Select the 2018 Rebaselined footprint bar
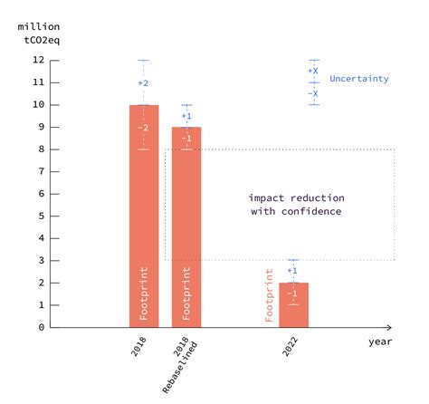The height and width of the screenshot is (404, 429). [x=186, y=226]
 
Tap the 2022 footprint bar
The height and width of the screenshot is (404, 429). [x=293, y=305]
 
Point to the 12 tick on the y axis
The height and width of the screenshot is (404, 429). [x=39, y=61]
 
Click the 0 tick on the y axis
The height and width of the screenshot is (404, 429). [x=39, y=327]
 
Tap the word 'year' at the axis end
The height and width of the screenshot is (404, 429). [x=380, y=341]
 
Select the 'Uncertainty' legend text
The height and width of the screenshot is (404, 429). [x=359, y=79]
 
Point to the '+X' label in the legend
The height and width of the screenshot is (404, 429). [x=313, y=71]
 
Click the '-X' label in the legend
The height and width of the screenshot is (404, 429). [x=313, y=93]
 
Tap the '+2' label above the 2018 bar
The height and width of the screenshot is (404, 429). [x=143, y=83]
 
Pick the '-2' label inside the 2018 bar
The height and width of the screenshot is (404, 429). [x=143, y=128]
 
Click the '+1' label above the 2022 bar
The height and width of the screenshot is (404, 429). [x=292, y=271]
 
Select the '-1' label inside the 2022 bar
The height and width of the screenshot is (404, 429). [x=292, y=293]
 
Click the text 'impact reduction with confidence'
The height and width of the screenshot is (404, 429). [x=296, y=204]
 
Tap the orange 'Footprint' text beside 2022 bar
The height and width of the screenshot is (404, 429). [x=270, y=294]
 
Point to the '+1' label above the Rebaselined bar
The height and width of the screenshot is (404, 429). [x=186, y=116]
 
